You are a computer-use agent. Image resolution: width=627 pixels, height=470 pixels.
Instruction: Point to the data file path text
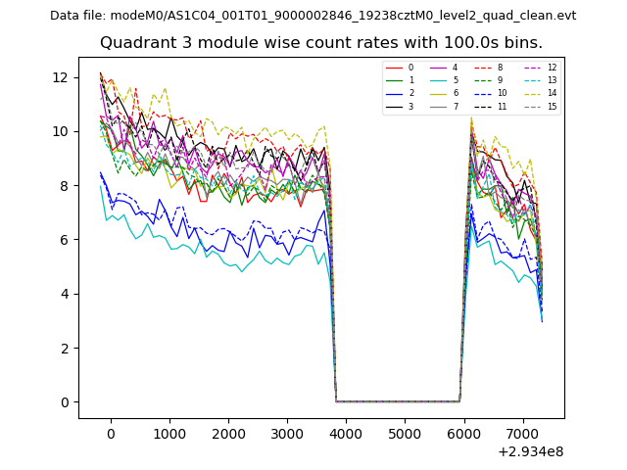click(313, 16)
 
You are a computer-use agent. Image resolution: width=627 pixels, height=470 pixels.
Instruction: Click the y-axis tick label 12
click(60, 77)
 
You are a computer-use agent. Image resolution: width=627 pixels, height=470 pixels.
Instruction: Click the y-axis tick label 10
click(60, 131)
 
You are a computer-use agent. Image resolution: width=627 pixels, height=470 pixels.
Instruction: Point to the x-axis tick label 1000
click(169, 434)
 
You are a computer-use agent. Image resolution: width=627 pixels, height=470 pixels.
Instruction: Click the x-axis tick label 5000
click(405, 434)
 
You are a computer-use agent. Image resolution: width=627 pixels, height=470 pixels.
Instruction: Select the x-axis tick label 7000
click(522, 434)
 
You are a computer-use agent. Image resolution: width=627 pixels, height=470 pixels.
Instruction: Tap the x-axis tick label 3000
click(287, 434)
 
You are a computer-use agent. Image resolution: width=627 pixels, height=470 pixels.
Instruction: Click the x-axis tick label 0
click(111, 434)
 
